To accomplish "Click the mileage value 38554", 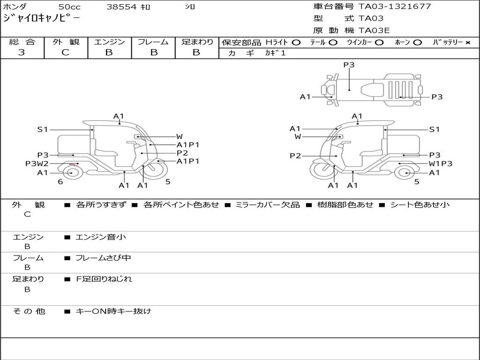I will [x=121, y=7].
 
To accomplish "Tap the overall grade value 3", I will [x=22, y=52].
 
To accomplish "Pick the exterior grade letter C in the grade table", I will [x=65, y=52].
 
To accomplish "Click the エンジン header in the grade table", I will [x=109, y=42].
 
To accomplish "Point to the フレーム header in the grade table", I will [x=153, y=42].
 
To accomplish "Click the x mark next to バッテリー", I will [x=467, y=43].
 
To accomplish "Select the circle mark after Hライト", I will [x=296, y=43].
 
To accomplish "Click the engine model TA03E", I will [x=374, y=31].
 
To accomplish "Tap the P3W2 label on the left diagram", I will [x=37, y=164].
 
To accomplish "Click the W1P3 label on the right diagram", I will [x=441, y=164].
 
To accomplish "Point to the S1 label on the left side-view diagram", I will [x=43, y=129].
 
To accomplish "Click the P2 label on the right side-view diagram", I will [x=295, y=156].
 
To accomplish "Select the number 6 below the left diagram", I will [x=60, y=182].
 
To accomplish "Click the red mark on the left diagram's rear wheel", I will [x=73, y=165].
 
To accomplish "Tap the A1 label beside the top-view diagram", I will [x=305, y=97].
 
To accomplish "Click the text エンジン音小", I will [x=101, y=237].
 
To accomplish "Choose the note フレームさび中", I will [x=103, y=258].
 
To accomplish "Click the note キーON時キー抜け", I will [x=113, y=311].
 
